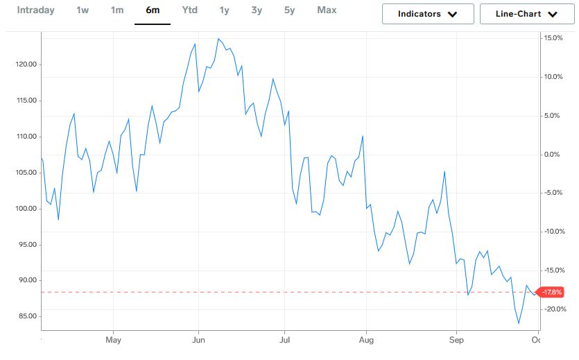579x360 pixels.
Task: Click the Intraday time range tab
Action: pos(35,10)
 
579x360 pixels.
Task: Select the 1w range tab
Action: pos(83,10)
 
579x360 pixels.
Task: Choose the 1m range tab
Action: pos(117,10)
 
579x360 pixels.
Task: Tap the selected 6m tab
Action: pos(152,10)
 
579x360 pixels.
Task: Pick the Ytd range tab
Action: pos(189,10)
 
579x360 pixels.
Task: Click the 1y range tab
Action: pos(224,10)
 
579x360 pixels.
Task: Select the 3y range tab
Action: pos(257,10)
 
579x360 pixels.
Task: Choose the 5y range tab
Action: pos(289,10)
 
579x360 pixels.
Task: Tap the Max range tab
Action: pos(327,10)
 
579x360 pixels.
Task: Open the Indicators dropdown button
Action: pos(428,14)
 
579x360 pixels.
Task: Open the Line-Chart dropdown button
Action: pos(527,14)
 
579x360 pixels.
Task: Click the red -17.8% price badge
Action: pos(553,292)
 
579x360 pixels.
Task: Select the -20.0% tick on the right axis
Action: pos(554,309)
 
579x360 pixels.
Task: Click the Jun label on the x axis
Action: pos(198,340)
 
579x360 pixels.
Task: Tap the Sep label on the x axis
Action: pos(456,340)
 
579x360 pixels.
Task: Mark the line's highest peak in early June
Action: pos(218,39)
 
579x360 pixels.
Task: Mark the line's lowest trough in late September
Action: pos(519,323)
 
